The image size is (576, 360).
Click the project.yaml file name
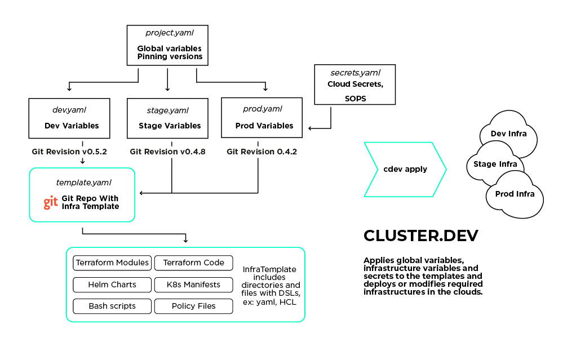tap(169, 33)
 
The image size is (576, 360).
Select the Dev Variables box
tap(69, 118)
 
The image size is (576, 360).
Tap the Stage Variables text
tap(170, 126)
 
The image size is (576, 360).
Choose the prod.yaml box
tap(262, 118)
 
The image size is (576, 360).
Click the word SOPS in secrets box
tap(355, 99)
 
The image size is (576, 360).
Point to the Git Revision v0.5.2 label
tap(69, 152)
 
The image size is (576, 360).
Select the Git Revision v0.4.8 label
tap(167, 152)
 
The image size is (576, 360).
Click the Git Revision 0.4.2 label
tap(262, 152)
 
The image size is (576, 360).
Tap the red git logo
tap(51, 202)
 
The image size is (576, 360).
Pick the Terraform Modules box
tap(112, 263)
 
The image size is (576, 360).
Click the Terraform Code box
tap(193, 263)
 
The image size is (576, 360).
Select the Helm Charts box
tap(112, 285)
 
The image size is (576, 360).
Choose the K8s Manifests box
tap(193, 285)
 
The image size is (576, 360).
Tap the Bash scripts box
tap(112, 306)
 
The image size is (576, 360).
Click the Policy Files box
tap(193, 306)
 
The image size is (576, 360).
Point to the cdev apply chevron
tap(405, 170)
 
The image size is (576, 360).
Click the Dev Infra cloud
tap(509, 133)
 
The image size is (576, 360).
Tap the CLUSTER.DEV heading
tap(421, 236)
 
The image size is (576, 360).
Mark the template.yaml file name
tap(83, 183)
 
